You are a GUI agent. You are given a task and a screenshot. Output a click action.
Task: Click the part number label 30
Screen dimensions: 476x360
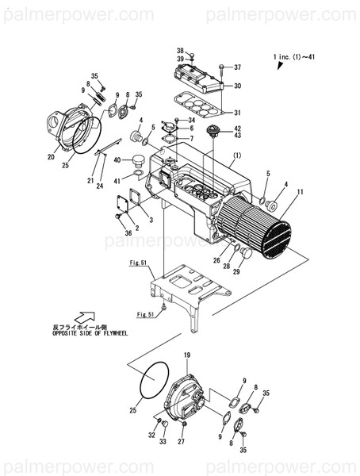pyautogui.click(x=238, y=86)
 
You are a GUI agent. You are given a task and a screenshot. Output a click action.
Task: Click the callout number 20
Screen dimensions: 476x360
pyautogui.click(x=51, y=157)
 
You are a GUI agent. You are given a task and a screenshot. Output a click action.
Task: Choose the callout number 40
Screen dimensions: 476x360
pyautogui.click(x=117, y=160)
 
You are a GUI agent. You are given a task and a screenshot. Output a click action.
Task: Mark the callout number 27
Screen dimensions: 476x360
pyautogui.click(x=182, y=441)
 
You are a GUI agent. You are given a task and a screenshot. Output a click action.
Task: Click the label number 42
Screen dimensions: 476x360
pyautogui.click(x=238, y=129)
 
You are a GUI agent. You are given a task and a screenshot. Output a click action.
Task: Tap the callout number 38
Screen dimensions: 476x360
pyautogui.click(x=180, y=50)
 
